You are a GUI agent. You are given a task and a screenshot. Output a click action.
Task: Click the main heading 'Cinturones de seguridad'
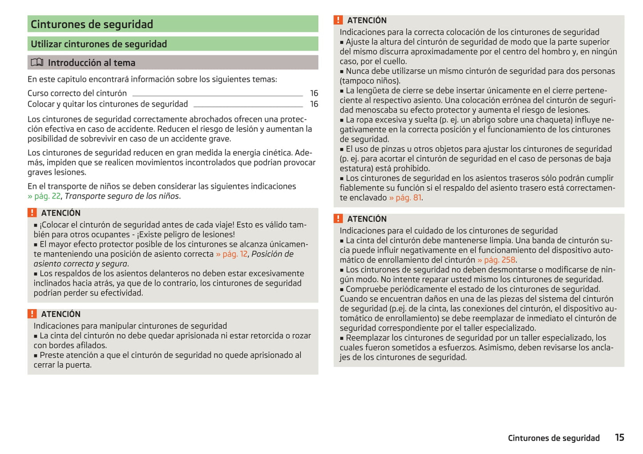tap(92, 24)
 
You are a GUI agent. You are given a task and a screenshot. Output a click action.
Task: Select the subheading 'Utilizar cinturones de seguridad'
tap(99, 44)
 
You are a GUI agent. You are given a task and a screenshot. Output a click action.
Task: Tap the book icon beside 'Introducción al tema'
tap(37, 62)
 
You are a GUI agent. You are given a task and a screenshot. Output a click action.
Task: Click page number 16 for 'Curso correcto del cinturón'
tap(314, 93)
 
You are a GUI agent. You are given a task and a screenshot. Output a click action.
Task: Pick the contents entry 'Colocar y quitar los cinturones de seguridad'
tap(108, 104)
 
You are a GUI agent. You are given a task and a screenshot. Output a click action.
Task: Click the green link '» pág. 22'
tap(44, 196)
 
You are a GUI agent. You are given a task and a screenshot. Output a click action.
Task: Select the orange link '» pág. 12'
tap(232, 254)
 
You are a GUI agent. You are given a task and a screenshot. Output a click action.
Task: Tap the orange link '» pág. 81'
tap(405, 197)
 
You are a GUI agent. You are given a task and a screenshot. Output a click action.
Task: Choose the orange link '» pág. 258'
tap(496, 260)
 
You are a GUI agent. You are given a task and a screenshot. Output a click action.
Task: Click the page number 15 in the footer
tap(619, 438)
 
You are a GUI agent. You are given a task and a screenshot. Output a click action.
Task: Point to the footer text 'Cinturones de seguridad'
tap(554, 438)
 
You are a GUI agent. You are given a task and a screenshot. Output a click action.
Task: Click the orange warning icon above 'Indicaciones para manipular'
tap(32, 314)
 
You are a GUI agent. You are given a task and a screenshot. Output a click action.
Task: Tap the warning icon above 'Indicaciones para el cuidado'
tap(338, 218)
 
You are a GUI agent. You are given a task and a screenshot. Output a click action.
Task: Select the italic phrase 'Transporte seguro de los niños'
tap(122, 196)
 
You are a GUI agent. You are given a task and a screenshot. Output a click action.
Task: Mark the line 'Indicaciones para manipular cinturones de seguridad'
tap(130, 326)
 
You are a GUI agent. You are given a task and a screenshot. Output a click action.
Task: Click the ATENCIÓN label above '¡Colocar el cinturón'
tap(61, 213)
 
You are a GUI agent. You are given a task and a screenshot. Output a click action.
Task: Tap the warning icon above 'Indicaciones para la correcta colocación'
tap(338, 20)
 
